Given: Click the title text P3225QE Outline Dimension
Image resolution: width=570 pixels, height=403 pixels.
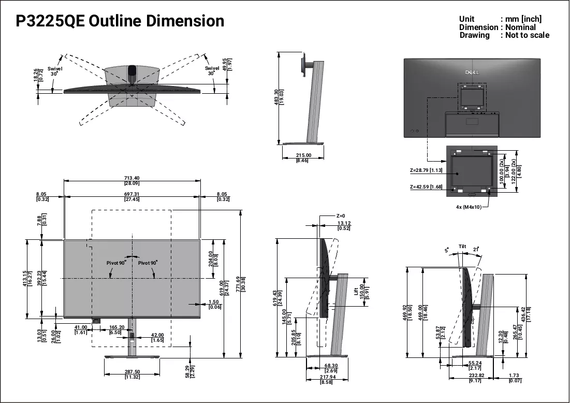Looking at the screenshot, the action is point(120,21).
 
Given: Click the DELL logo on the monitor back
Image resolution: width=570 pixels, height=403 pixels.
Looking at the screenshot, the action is point(472,73).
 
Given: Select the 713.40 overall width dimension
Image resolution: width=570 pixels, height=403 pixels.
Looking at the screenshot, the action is point(131,181).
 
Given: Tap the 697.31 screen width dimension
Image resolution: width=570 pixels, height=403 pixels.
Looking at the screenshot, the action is point(131,197).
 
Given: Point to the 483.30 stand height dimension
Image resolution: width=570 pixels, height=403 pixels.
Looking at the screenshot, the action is point(279,97).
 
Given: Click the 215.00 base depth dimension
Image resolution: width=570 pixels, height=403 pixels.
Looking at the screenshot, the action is point(303,158).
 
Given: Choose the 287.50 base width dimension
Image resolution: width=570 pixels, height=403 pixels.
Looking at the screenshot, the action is point(133,375).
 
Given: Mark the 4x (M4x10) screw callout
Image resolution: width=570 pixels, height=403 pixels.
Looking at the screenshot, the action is point(469,207).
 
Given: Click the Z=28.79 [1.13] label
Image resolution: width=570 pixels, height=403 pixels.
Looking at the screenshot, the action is point(426,170).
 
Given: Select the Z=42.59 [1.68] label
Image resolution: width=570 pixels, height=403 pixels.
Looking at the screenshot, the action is point(426,187).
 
